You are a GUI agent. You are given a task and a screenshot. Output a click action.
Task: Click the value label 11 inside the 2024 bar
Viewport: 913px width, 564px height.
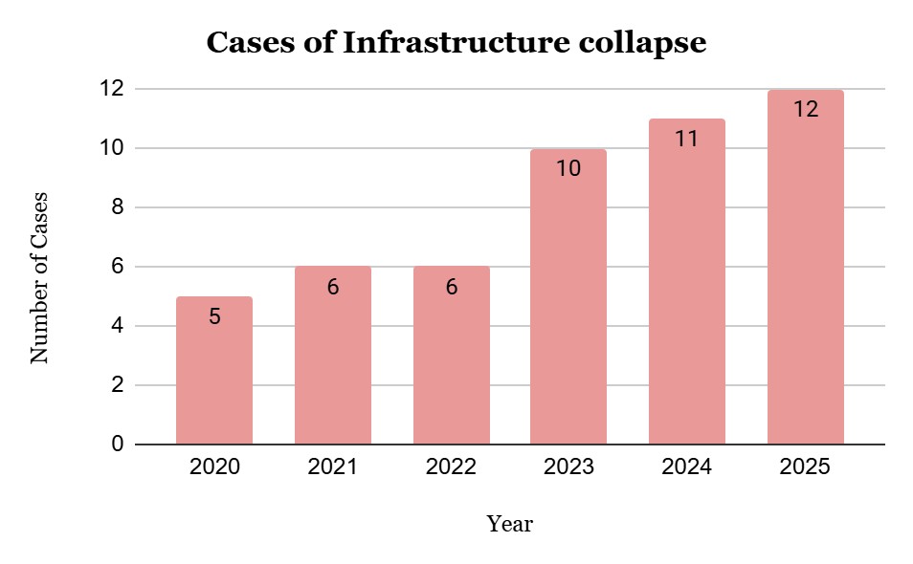pos(686,140)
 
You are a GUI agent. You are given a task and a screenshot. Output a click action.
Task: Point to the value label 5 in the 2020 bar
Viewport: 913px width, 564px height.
pos(214,317)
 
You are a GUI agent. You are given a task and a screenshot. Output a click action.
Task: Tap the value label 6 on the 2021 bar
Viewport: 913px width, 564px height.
pos(333,287)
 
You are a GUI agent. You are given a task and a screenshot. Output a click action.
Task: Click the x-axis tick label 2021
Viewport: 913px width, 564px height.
pos(333,467)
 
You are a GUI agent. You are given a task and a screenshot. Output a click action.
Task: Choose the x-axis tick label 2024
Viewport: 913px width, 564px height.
pos(686,467)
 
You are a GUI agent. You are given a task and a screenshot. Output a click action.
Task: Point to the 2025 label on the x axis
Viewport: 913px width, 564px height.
pos(805,467)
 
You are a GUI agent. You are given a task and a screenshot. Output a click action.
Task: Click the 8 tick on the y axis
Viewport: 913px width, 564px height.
pos(115,207)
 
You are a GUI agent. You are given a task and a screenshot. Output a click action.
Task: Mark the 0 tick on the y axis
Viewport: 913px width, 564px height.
pos(115,445)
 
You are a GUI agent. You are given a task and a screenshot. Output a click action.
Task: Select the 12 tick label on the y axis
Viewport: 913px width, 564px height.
pos(111,89)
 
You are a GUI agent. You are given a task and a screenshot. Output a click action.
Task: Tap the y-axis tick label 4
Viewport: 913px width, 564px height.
pos(115,326)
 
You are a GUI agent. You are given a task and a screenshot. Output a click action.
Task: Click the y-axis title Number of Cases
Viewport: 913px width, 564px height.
pos(39,278)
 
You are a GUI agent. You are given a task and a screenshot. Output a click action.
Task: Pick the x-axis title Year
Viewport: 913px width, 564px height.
pos(510,524)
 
